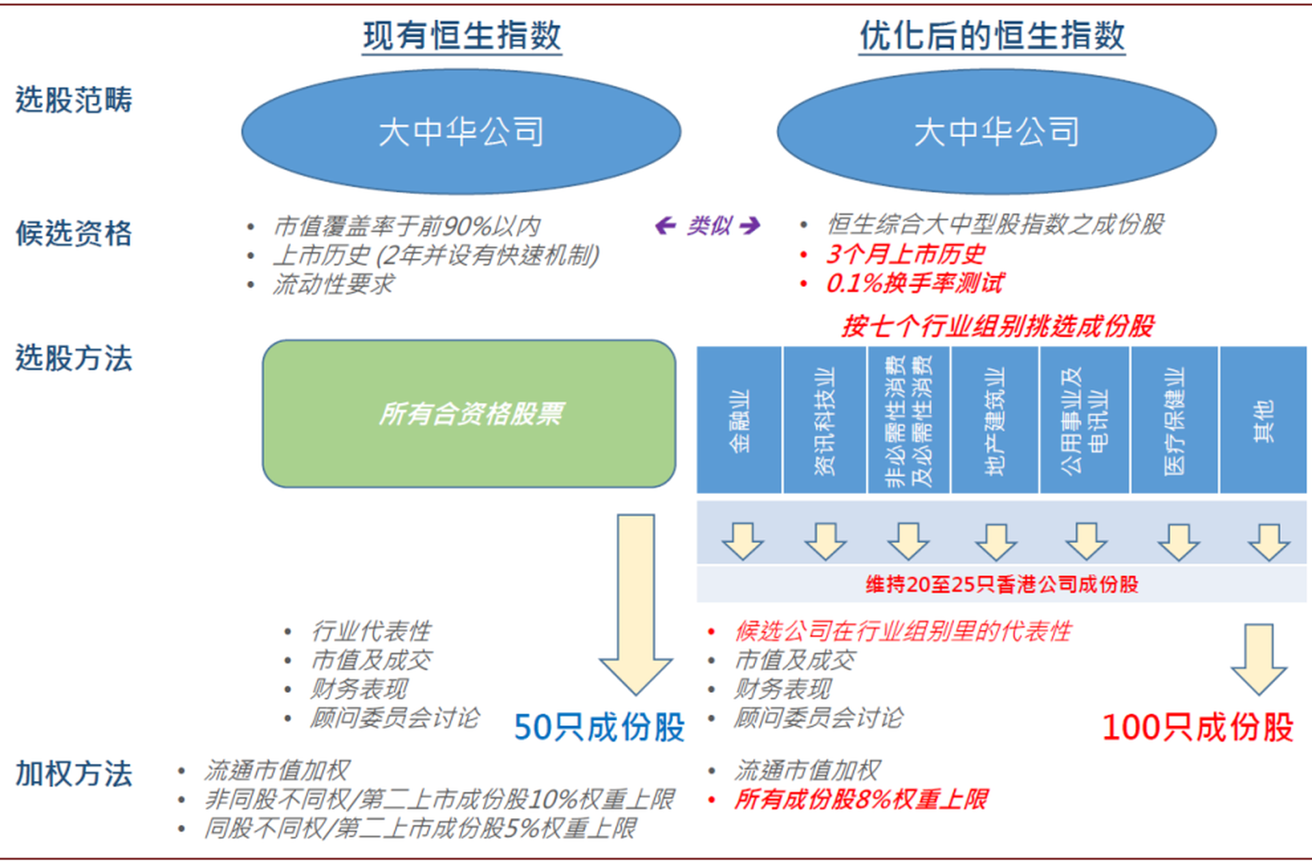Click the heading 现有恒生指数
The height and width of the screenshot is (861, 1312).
click(x=462, y=36)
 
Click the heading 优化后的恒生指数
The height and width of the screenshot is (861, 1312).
click(x=992, y=36)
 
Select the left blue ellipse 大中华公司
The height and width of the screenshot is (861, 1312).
click(x=461, y=131)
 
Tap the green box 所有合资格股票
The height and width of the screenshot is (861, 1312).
click(x=469, y=413)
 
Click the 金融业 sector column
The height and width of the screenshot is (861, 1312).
click(x=739, y=420)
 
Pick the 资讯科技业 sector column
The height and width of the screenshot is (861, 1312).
click(x=825, y=420)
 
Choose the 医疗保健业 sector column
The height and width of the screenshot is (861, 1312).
click(x=1174, y=420)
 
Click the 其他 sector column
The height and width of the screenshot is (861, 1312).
click(x=1263, y=420)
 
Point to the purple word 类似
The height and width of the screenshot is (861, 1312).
click(x=709, y=225)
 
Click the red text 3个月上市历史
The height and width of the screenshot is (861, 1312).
click(x=905, y=254)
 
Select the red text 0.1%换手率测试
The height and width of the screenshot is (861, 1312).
click(x=914, y=283)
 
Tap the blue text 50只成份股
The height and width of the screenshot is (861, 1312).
click(x=599, y=727)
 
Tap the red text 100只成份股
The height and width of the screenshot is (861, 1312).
click(x=1198, y=727)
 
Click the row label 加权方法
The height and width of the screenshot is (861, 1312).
click(x=74, y=774)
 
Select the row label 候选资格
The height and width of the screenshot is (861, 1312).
click(x=74, y=233)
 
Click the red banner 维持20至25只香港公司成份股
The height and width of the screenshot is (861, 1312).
click(x=1002, y=584)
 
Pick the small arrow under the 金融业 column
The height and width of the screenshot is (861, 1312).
click(x=743, y=541)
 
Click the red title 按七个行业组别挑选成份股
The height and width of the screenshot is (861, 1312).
click(x=998, y=326)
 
